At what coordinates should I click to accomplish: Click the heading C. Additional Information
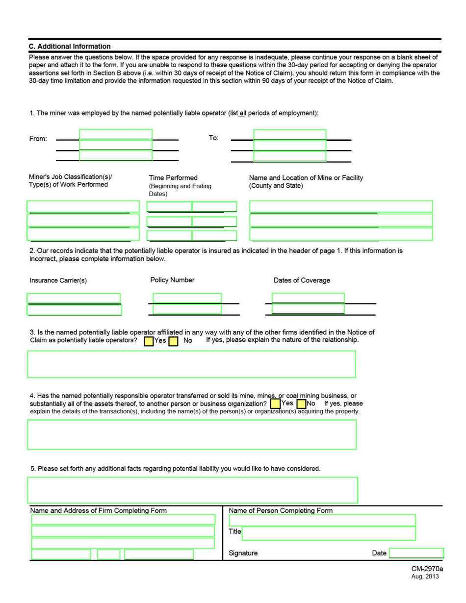(x=70, y=47)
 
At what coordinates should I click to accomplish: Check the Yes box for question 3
(x=148, y=340)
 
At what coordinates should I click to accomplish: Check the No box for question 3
(x=173, y=340)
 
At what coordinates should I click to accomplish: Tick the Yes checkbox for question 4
(x=276, y=404)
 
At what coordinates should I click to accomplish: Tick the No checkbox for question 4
(x=301, y=404)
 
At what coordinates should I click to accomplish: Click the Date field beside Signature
(x=416, y=553)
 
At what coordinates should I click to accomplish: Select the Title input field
(x=328, y=533)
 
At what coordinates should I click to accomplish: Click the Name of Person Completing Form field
(x=322, y=520)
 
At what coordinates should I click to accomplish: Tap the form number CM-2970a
(x=427, y=569)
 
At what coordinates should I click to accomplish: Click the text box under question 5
(x=192, y=490)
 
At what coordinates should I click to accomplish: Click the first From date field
(x=116, y=134)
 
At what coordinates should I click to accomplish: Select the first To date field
(x=289, y=134)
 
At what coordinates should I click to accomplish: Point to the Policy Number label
(x=172, y=280)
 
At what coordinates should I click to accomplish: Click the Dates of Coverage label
(x=302, y=280)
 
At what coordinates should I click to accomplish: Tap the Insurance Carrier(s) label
(x=58, y=281)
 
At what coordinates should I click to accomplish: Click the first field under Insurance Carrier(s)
(x=74, y=298)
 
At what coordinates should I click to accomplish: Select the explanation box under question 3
(x=191, y=364)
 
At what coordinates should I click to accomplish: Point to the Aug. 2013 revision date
(x=425, y=577)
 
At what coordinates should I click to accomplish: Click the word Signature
(x=243, y=553)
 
